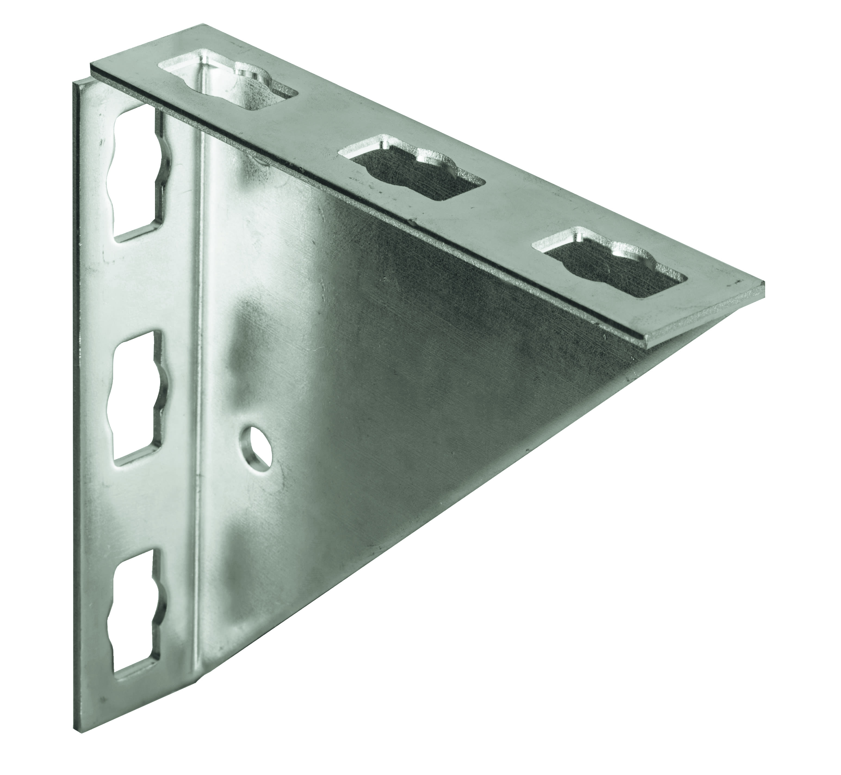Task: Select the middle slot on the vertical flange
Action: point(136,396)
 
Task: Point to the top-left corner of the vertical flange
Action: point(76,84)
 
